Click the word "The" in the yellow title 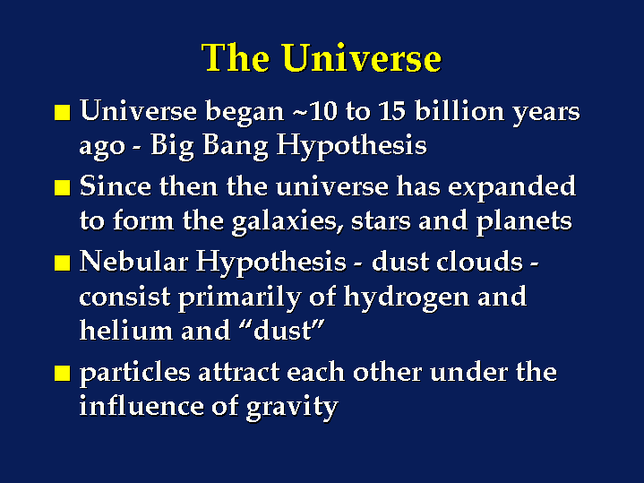click(236, 57)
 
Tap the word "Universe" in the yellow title click(362, 57)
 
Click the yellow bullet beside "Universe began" click(63, 112)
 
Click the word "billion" click(459, 111)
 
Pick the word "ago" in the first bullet click(102, 148)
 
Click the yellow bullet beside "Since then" click(63, 187)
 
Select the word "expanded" click(511, 187)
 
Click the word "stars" click(381, 222)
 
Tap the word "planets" click(524, 222)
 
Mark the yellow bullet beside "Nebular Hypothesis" click(63, 263)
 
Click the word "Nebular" click(133, 262)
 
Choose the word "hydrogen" click(407, 298)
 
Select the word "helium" click(126, 331)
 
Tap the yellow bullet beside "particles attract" click(63, 374)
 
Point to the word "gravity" click(292, 408)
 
